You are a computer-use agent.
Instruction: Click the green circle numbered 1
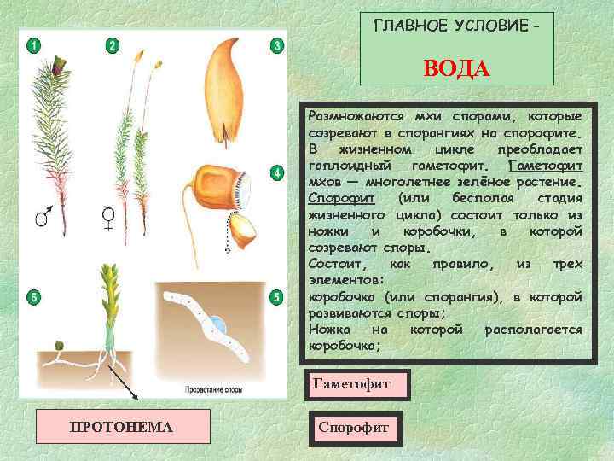pyautogui.click(x=32, y=45)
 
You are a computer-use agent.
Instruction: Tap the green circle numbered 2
pyautogui.click(x=113, y=45)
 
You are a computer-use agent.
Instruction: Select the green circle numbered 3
pyautogui.click(x=275, y=45)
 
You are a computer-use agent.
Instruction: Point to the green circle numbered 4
pyautogui.click(x=275, y=174)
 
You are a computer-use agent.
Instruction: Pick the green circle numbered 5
pyautogui.click(x=275, y=297)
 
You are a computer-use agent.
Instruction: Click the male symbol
pyautogui.click(x=41, y=218)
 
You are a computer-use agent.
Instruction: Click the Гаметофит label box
pyautogui.click(x=351, y=385)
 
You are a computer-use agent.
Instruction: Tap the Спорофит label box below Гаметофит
pyautogui.click(x=352, y=425)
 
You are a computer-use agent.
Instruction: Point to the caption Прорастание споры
pyautogui.click(x=213, y=389)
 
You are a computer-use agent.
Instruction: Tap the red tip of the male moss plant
pyautogui.click(x=59, y=65)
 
